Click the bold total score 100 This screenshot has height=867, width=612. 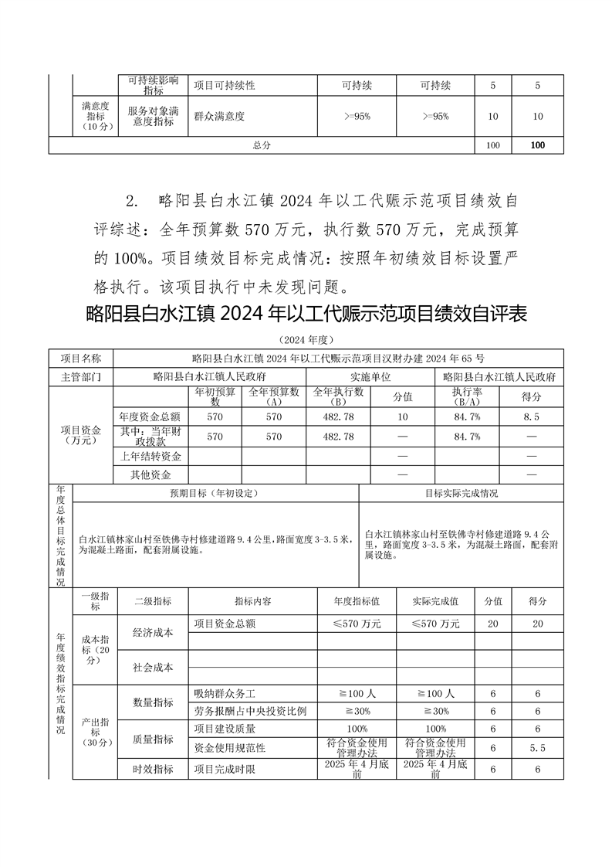point(538,145)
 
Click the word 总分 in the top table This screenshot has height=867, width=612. point(262,145)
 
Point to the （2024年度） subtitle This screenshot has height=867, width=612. point(306,339)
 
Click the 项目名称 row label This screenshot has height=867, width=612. point(81,359)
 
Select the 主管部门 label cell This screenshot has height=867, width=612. point(81,377)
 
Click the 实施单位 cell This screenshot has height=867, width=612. point(371,377)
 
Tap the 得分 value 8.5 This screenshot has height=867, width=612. point(532,416)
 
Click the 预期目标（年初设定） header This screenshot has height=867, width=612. point(215,493)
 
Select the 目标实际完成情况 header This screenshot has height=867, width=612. point(462,493)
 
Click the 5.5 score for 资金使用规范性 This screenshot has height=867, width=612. point(538,748)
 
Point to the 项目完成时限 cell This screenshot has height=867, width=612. point(225,770)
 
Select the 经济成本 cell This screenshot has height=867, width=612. point(153,633)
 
